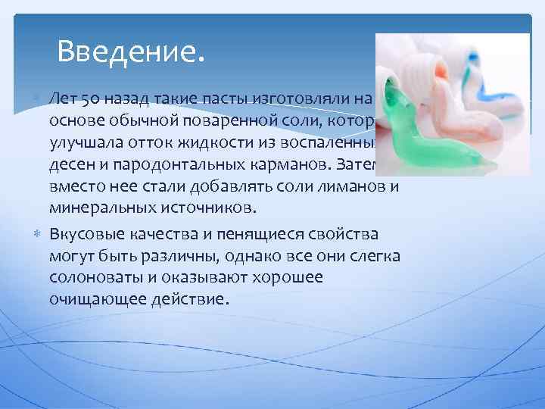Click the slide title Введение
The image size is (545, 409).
tap(130, 52)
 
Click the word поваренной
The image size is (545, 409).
tap(185, 121)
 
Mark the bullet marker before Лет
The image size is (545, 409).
tap(39, 98)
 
